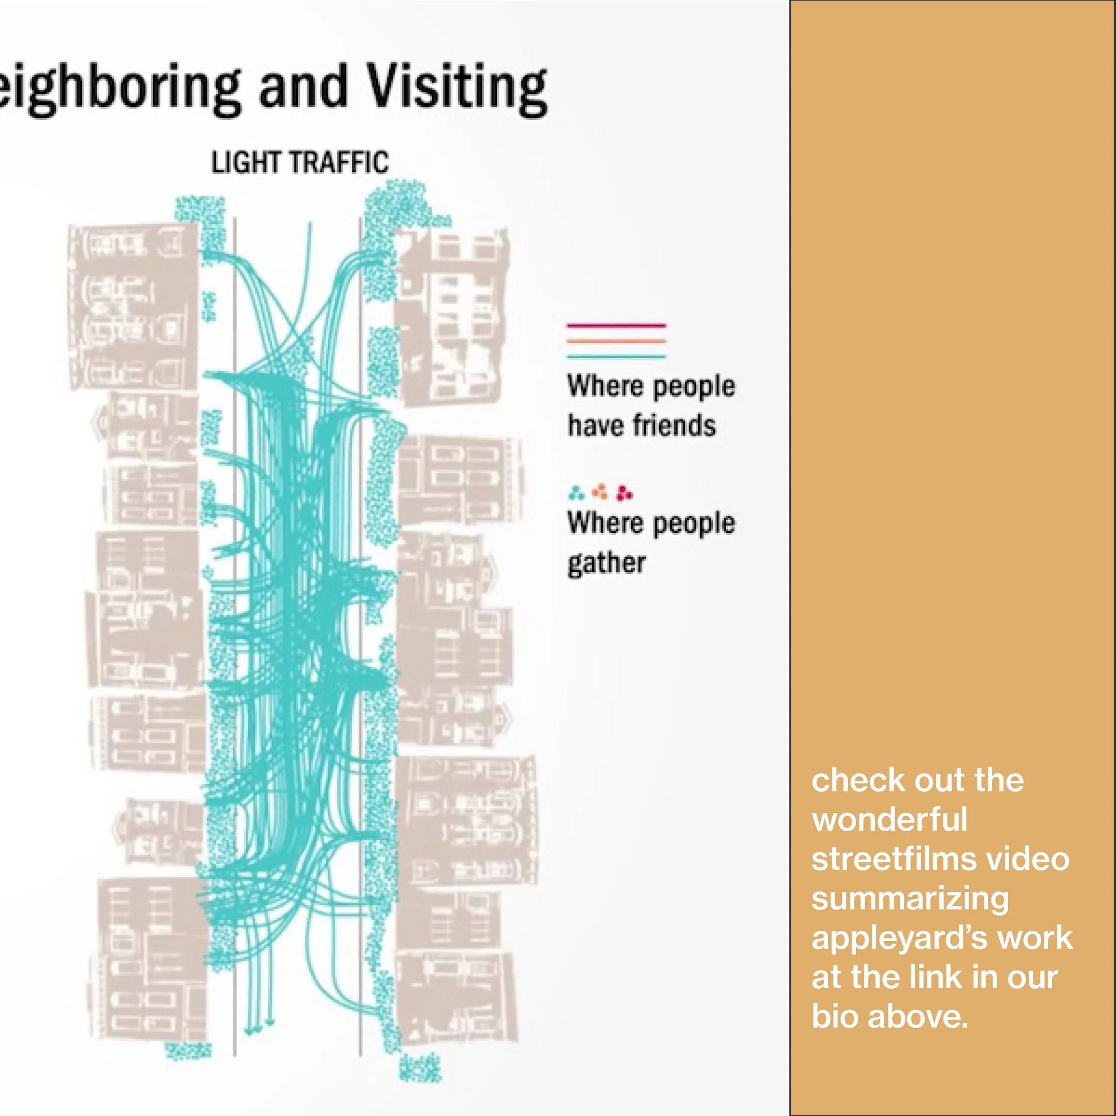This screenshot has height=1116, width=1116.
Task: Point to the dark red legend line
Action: [616, 326]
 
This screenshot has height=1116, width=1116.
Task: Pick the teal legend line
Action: [616, 356]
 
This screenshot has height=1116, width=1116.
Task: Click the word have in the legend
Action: [595, 426]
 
